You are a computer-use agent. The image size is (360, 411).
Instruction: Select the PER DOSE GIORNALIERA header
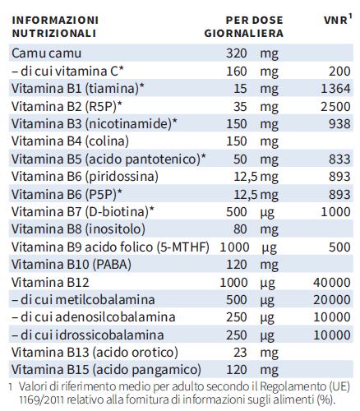click(x=244, y=26)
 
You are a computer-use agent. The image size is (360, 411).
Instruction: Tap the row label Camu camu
click(x=46, y=53)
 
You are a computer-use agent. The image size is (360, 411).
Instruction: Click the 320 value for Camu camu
click(x=237, y=53)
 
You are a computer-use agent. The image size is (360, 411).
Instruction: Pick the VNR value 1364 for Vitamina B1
click(x=335, y=89)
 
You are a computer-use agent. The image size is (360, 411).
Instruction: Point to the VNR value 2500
click(x=335, y=106)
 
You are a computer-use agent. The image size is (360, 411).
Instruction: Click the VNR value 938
click(x=339, y=124)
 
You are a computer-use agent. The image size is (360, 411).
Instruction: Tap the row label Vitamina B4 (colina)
click(x=70, y=141)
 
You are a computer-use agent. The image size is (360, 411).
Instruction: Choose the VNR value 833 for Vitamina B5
click(x=339, y=159)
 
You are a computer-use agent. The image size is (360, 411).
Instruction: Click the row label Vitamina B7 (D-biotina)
click(x=83, y=212)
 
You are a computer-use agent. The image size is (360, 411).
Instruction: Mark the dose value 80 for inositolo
click(x=240, y=229)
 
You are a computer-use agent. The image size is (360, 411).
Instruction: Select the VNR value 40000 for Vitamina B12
click(x=332, y=283)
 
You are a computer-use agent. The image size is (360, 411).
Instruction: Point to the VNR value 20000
click(x=332, y=300)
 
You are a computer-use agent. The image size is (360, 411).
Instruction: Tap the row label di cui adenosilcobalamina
click(x=94, y=317)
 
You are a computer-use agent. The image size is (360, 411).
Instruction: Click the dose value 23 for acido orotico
click(x=240, y=353)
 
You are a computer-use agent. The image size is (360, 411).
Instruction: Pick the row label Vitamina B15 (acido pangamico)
click(x=106, y=370)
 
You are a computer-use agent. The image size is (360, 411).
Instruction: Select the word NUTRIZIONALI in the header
click(x=54, y=34)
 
